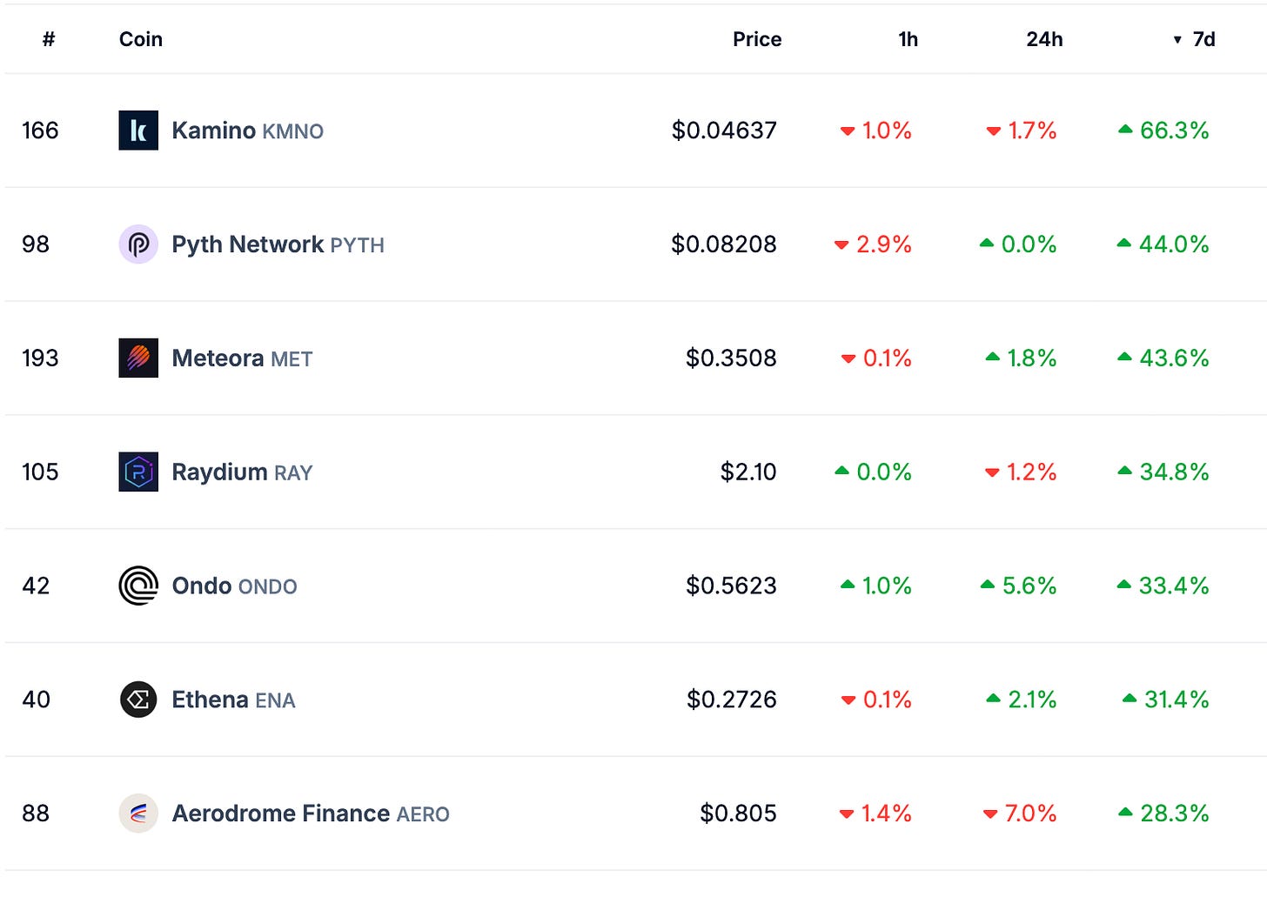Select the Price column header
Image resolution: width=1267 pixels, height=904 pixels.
tap(757, 39)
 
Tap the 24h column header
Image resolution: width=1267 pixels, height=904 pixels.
tap(1044, 39)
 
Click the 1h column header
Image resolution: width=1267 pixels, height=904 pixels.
tap(908, 39)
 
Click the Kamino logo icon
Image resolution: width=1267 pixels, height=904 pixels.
tap(138, 131)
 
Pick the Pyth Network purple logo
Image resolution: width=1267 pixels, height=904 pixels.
tap(138, 244)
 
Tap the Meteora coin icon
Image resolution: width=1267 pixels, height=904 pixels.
tap(138, 358)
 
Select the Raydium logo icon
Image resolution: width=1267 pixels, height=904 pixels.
tap(138, 472)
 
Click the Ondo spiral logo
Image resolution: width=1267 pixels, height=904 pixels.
tap(138, 585)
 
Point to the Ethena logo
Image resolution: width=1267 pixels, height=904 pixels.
tap(138, 700)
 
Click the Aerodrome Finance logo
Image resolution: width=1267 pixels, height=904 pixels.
tap(138, 813)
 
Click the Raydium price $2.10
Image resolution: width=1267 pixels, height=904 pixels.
tap(747, 472)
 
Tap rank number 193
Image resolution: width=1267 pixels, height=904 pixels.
tap(40, 358)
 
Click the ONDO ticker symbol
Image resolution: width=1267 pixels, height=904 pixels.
tap(267, 586)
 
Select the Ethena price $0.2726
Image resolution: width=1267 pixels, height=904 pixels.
tap(731, 700)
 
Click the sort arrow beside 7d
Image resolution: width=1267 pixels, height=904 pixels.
tap(1177, 40)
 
